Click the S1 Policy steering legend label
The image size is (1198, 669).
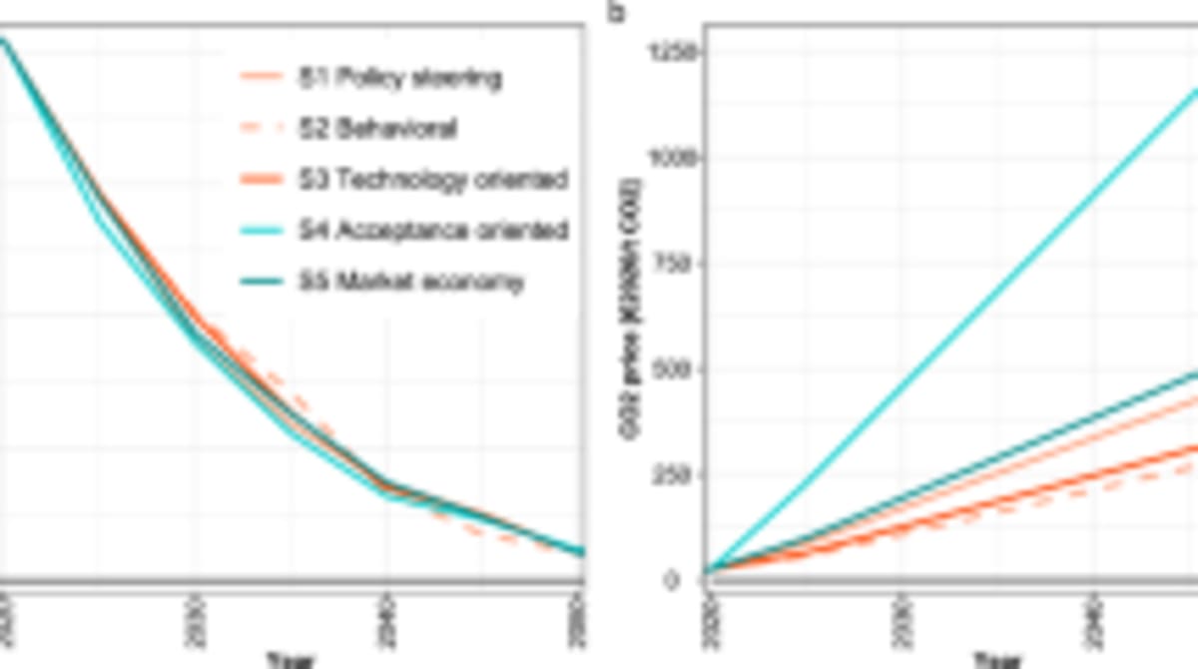[400, 77]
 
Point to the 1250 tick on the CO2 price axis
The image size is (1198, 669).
[671, 52]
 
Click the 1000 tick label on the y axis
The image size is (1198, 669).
[671, 158]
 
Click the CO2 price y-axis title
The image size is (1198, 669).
[633, 316]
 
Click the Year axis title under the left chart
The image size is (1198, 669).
[291, 659]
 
